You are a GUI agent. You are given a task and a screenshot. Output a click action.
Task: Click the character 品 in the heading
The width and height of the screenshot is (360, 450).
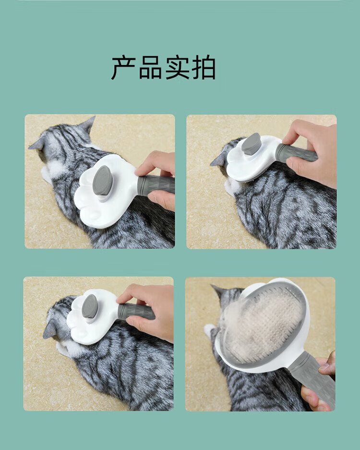[x=150, y=68]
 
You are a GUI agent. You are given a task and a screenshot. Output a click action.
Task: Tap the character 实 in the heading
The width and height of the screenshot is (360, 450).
[x=177, y=68]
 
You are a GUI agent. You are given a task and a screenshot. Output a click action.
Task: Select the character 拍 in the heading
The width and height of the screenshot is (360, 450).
[x=204, y=68]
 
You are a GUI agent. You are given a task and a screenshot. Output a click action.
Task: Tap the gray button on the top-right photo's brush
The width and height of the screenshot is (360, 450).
[x=251, y=144]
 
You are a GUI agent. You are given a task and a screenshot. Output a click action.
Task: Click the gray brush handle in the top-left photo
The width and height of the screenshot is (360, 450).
[x=156, y=185]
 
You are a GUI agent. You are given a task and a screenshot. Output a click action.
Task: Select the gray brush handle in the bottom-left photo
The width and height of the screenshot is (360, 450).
[x=136, y=311]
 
